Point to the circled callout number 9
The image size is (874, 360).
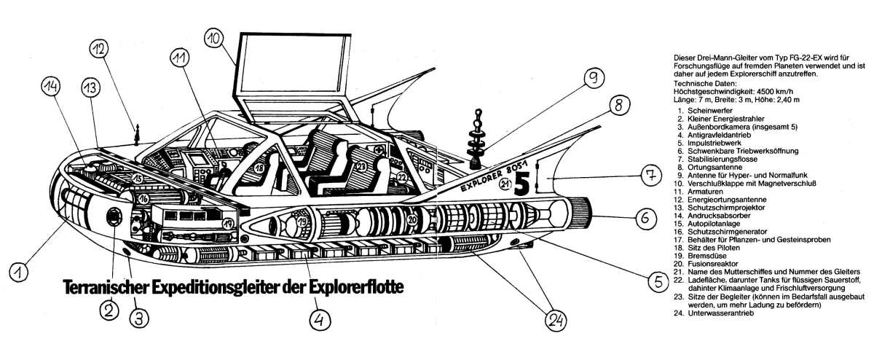pyautogui.click(x=594, y=77)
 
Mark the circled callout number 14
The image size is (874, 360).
pyautogui.click(x=50, y=88)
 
